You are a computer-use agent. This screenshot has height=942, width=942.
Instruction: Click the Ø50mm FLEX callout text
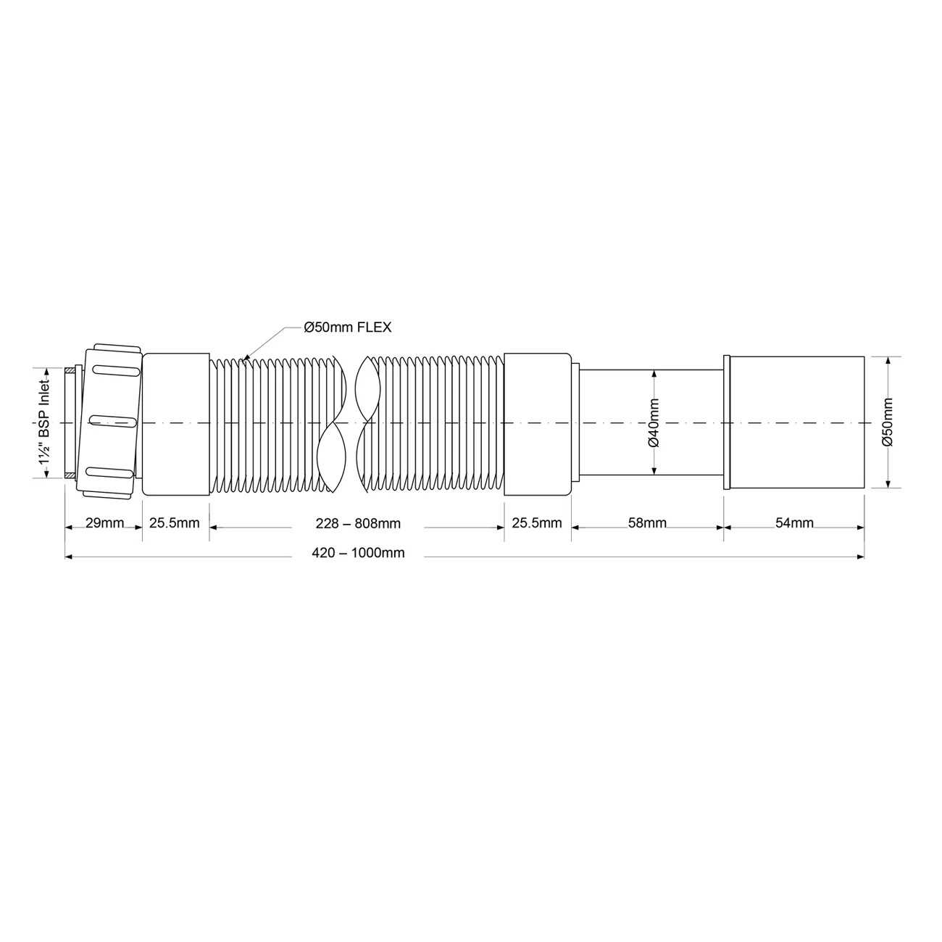click(348, 327)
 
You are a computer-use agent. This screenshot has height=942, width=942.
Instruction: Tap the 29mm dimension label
click(104, 522)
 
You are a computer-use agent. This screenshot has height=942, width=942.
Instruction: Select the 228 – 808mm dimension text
click(358, 524)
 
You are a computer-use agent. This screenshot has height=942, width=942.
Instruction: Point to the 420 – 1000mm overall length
click(358, 553)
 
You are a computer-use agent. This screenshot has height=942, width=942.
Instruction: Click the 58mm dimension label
click(647, 522)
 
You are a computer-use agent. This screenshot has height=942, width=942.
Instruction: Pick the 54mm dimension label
click(794, 522)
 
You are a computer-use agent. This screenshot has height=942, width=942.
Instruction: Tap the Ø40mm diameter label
click(654, 422)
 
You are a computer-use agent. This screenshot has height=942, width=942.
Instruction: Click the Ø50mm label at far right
click(887, 422)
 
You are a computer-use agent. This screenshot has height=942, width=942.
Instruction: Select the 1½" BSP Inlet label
click(45, 422)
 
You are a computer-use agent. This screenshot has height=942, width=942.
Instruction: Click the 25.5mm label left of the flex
click(175, 522)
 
